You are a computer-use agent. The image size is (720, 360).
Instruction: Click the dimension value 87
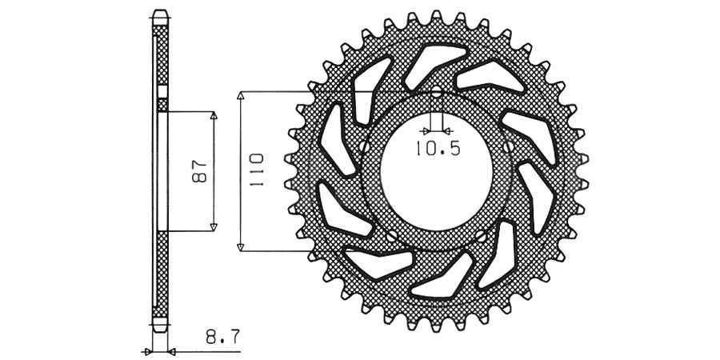200,171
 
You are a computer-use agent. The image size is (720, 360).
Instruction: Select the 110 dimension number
256,170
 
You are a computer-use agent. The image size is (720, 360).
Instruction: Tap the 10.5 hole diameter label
438,148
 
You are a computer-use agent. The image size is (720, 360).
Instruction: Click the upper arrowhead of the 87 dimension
214,115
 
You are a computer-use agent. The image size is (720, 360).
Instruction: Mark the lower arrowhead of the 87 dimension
214,227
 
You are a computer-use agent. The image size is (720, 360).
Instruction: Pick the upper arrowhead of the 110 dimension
240,95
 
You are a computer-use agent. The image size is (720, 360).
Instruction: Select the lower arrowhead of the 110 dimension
240,247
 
